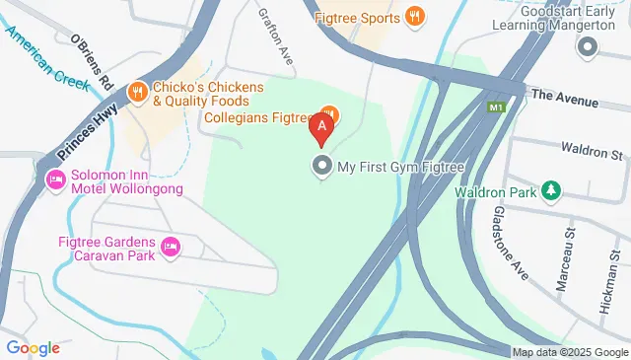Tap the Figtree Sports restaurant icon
pos(415,17)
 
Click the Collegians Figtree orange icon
pos(329,116)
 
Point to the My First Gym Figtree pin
pos(321,167)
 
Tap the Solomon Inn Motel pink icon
pos(55,180)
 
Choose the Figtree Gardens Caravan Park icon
pos(170,246)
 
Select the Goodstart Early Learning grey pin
pos(589,46)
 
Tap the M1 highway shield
pos(495,106)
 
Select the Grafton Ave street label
pos(276,37)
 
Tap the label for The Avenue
pos(564,99)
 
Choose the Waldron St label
pos(593,155)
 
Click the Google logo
pos(34,347)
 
